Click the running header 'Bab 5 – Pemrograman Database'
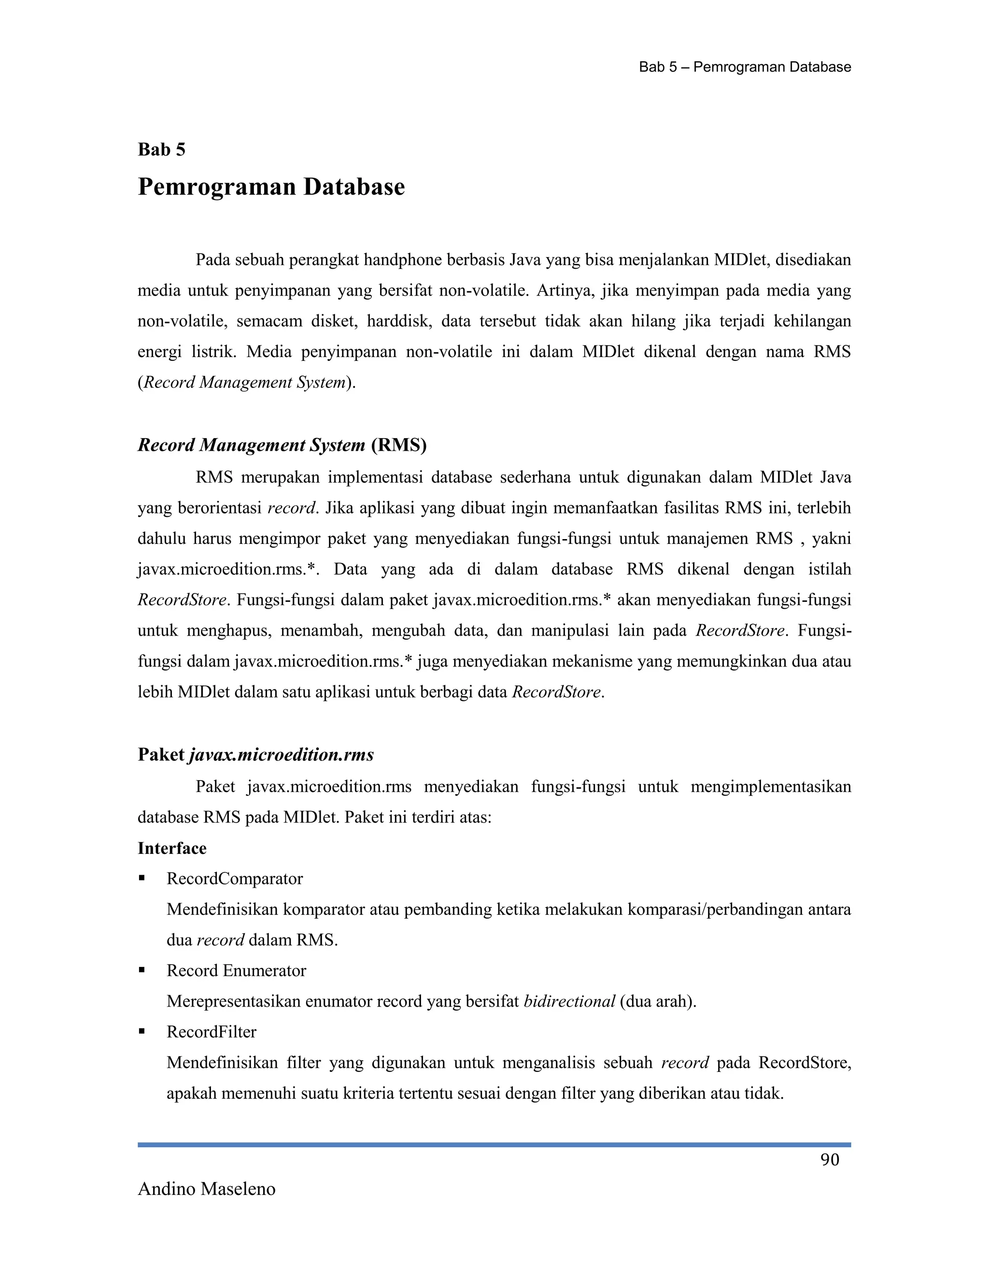pyautogui.click(x=744, y=68)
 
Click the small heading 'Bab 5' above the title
pyautogui.click(x=161, y=150)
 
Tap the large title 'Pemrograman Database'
pyautogui.click(x=271, y=187)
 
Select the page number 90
pyautogui.click(x=829, y=1160)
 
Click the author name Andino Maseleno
pyautogui.click(x=206, y=1189)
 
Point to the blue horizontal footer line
pyautogui.click(x=494, y=1145)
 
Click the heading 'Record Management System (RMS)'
pyautogui.click(x=282, y=445)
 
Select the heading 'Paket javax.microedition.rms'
pyautogui.click(x=255, y=755)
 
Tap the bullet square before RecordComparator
pyautogui.click(x=142, y=879)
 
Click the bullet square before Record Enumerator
pyautogui.click(x=142, y=970)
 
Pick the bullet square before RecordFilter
pyautogui.click(x=142, y=1032)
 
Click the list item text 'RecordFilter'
pyautogui.click(x=211, y=1032)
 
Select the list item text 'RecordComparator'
pyautogui.click(x=234, y=879)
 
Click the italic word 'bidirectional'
pyautogui.click(x=569, y=1002)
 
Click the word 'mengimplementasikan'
pyautogui.click(x=770, y=787)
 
